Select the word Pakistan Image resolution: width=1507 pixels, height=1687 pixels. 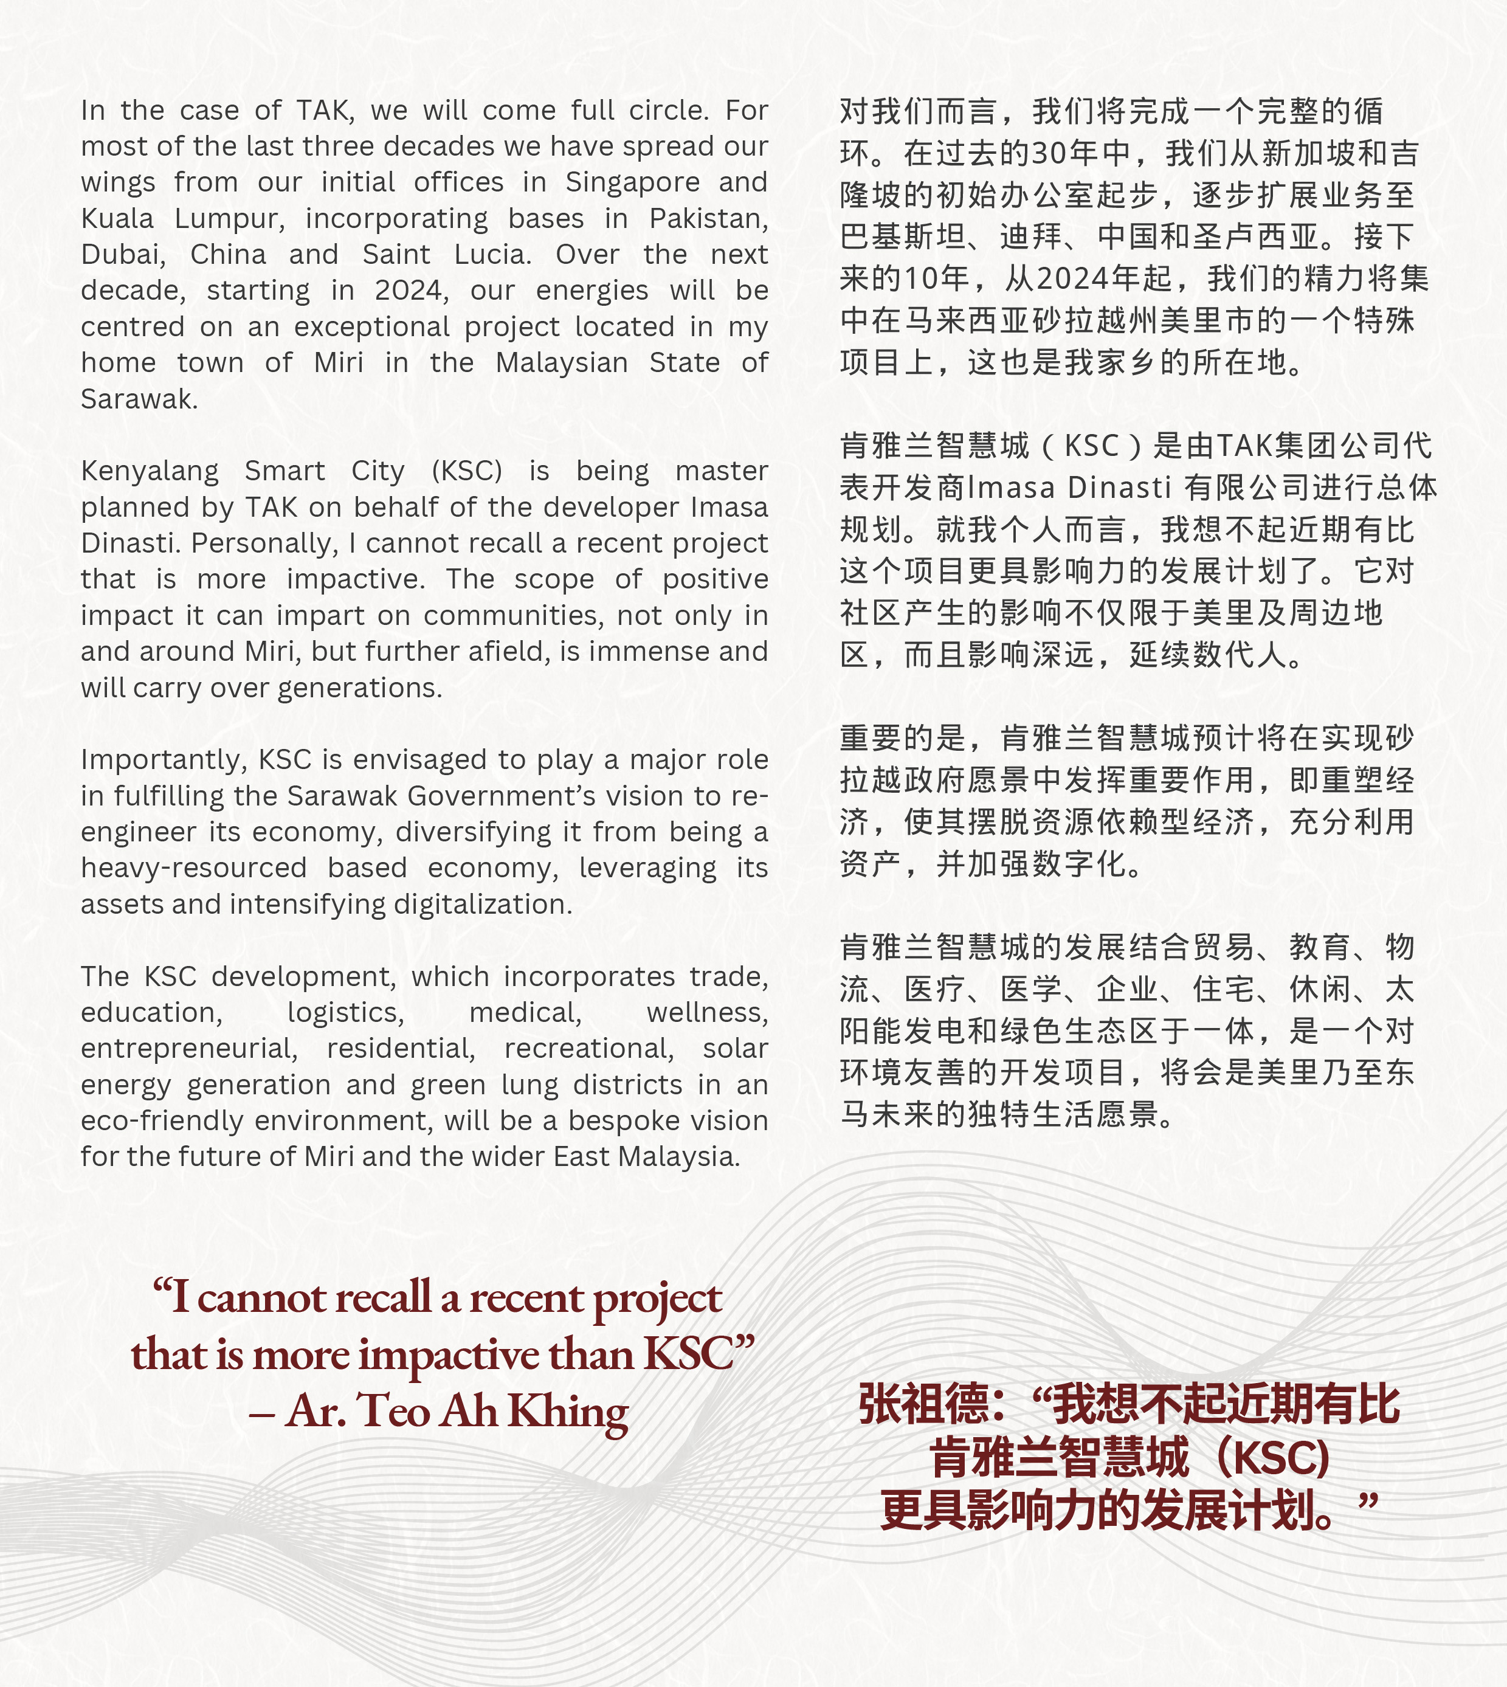[x=708, y=219]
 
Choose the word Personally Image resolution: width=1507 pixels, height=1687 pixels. [x=265, y=543]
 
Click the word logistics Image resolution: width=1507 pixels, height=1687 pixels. [x=345, y=1013]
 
